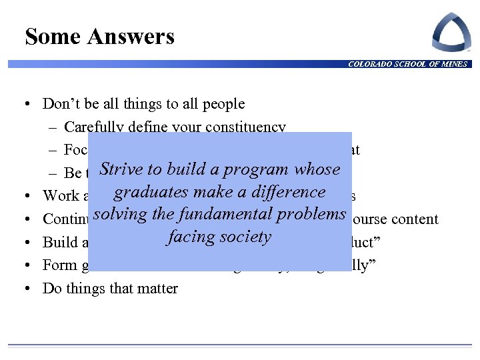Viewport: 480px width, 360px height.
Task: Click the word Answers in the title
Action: pos(131,37)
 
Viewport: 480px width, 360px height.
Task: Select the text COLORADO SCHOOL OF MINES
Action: pos(407,64)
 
